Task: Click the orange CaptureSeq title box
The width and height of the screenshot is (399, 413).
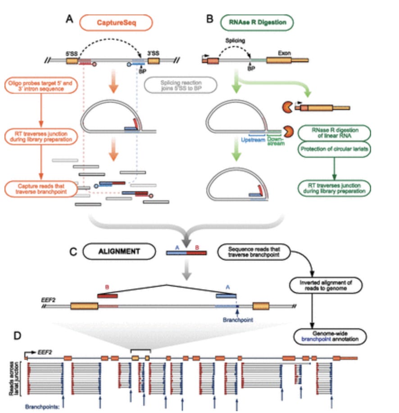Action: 116,23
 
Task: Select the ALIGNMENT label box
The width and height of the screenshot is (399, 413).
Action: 123,251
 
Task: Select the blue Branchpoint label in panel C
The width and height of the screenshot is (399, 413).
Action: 238,320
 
